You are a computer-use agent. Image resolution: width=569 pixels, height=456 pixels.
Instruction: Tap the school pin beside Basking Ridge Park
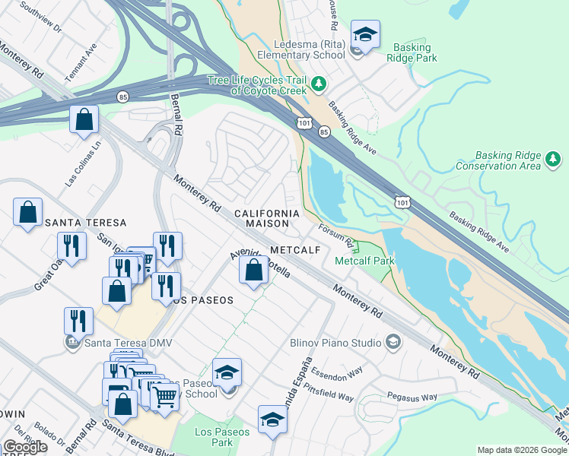click(365, 35)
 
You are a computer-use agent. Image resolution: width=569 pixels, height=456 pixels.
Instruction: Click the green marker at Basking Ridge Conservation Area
click(555, 159)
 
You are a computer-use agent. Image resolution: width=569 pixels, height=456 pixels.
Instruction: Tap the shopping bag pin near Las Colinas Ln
click(84, 119)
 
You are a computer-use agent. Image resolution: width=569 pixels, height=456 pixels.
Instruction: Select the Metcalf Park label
click(364, 261)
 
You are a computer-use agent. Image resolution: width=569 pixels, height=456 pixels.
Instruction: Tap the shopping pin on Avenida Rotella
click(253, 269)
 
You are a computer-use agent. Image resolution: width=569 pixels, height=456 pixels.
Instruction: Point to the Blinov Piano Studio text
click(335, 343)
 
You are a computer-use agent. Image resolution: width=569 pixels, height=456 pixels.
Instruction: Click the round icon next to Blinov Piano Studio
click(393, 343)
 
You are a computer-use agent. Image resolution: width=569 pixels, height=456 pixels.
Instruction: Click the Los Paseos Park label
click(214, 437)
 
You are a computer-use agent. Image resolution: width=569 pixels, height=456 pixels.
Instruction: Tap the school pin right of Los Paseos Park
click(272, 420)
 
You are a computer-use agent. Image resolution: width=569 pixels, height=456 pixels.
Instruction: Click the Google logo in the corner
click(25, 447)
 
